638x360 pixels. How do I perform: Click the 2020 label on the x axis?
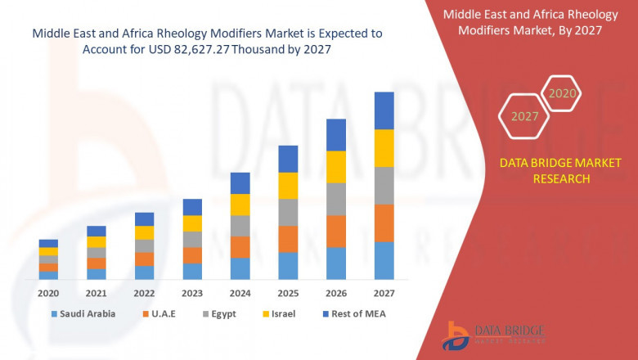(x=48, y=293)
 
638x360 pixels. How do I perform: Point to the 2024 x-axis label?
(x=240, y=293)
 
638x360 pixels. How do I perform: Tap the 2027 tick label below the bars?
(x=384, y=293)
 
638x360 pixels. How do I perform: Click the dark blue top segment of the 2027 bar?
(x=384, y=110)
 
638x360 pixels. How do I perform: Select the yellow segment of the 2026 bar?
(x=336, y=167)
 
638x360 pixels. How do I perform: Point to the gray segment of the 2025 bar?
(x=288, y=212)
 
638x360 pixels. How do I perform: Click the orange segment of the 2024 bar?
(x=240, y=247)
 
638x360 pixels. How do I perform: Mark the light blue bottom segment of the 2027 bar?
(x=384, y=260)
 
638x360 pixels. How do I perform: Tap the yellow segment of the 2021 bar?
(x=97, y=241)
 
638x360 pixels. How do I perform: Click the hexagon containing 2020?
(x=562, y=93)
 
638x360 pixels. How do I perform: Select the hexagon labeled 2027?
(x=524, y=116)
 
